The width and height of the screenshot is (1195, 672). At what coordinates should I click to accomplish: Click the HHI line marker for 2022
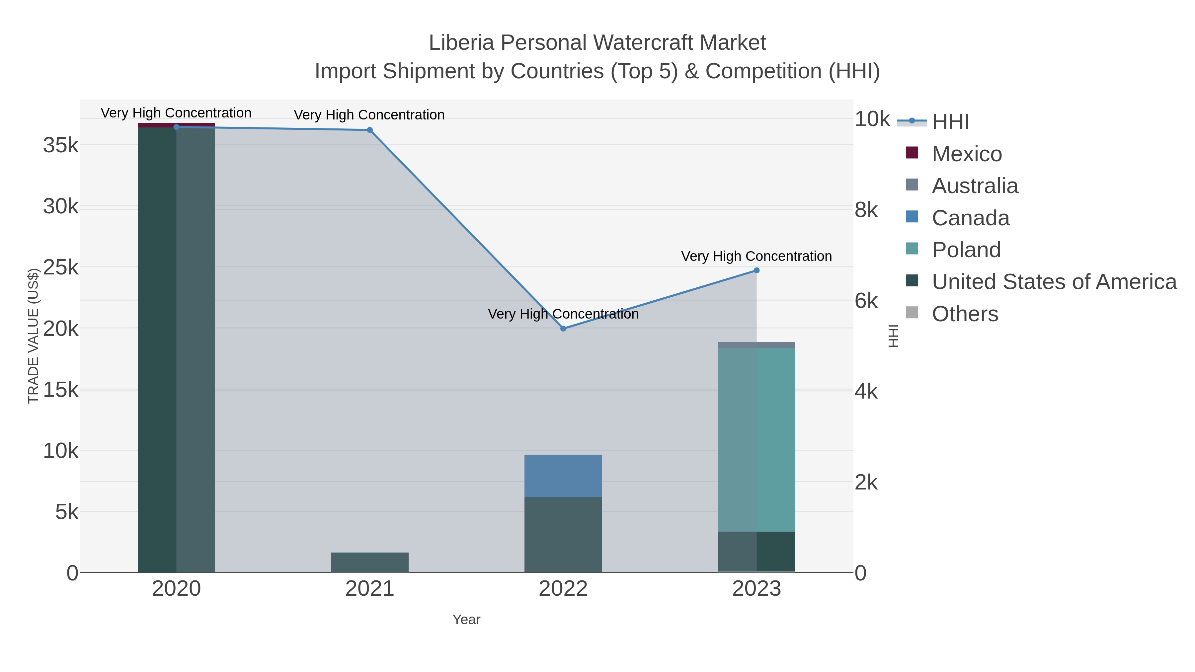(x=563, y=328)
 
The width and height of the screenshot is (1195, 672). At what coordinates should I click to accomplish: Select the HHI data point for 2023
(x=757, y=270)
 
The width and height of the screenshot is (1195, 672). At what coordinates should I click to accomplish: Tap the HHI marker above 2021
(x=370, y=130)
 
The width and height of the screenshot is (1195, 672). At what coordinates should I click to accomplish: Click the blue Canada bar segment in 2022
(x=563, y=476)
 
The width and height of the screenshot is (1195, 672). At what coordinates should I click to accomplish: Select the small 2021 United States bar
(x=370, y=562)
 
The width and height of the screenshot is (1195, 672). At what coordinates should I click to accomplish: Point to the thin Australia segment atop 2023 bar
(x=757, y=344)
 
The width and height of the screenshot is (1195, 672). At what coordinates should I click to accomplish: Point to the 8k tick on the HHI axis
(x=866, y=210)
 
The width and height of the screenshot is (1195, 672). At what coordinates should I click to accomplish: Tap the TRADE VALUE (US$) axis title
(x=33, y=336)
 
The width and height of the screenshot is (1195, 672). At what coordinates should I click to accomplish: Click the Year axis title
(x=466, y=620)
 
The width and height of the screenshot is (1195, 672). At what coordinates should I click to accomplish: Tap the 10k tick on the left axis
(x=61, y=451)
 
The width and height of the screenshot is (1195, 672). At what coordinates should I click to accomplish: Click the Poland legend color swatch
(x=912, y=248)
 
